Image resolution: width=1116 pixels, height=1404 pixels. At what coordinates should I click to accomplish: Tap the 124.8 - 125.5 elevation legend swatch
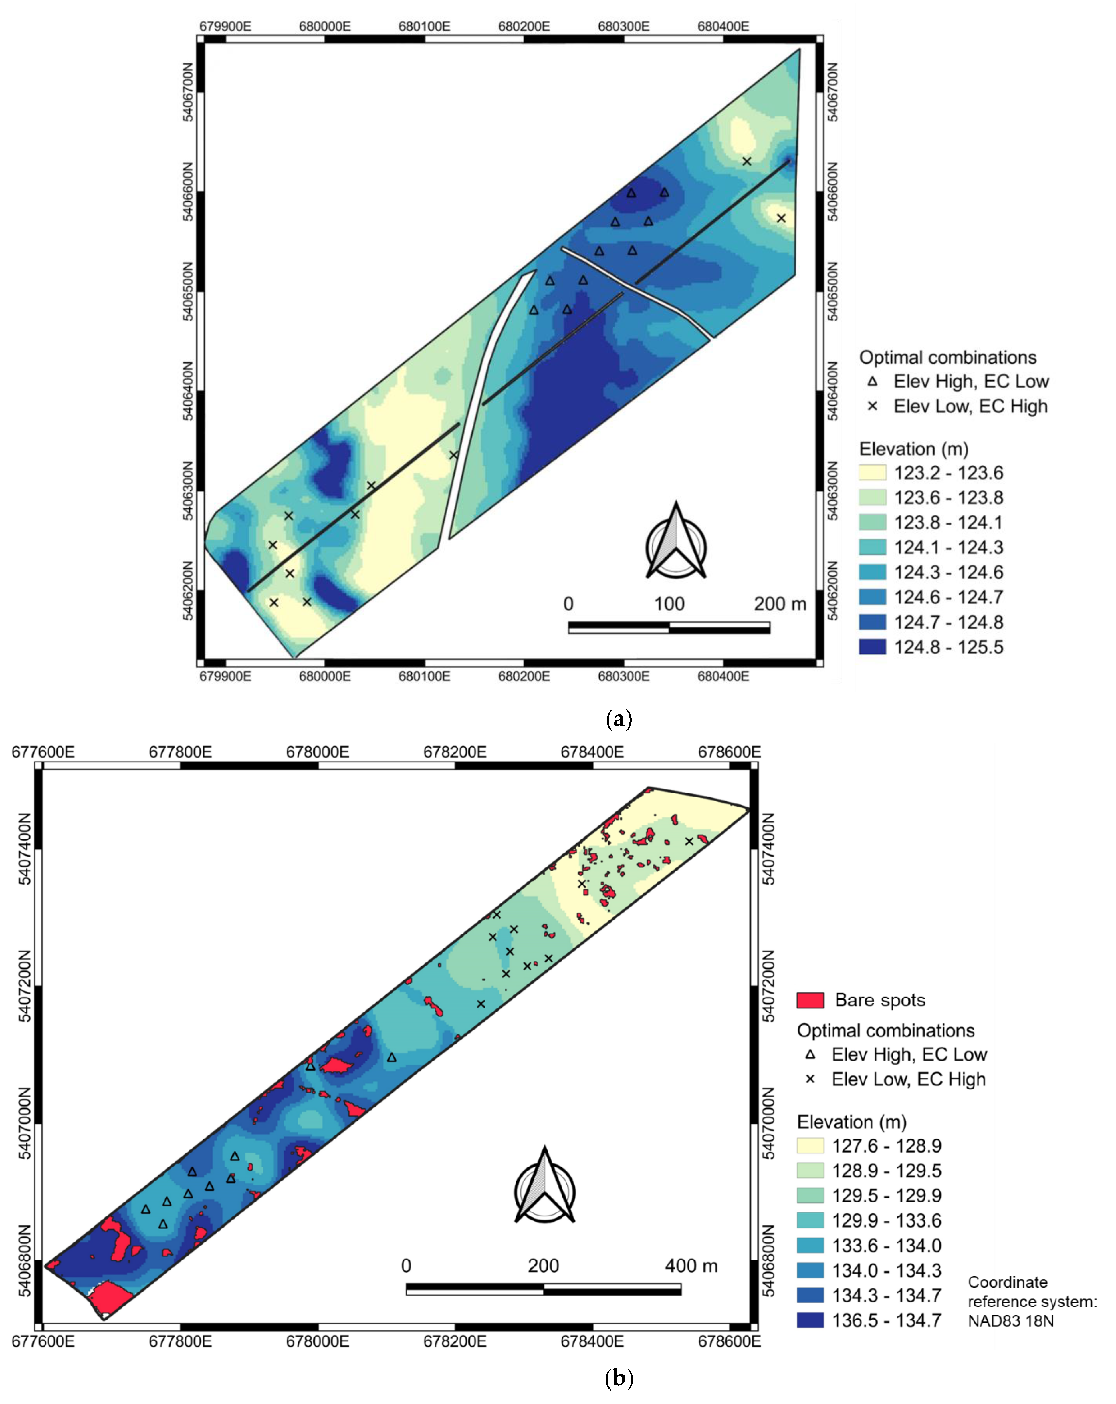coord(873,647)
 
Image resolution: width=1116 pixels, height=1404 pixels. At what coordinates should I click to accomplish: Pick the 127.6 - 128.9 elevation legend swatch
coord(810,1145)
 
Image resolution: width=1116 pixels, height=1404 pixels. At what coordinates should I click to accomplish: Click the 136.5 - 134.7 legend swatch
coord(810,1320)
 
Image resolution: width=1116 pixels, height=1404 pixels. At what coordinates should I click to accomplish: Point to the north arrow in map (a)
coord(676,541)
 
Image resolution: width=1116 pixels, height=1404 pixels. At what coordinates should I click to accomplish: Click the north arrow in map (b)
coord(544,1187)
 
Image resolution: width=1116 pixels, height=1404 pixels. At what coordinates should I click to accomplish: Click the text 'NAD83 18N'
coord(1010,1321)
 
